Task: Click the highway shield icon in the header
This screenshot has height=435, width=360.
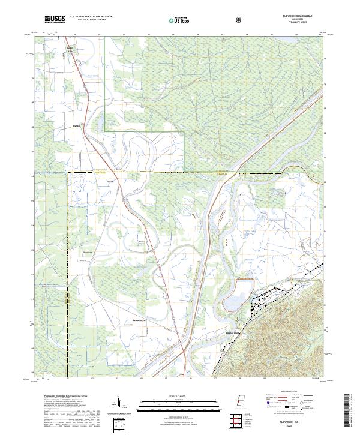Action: coord(240,20)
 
